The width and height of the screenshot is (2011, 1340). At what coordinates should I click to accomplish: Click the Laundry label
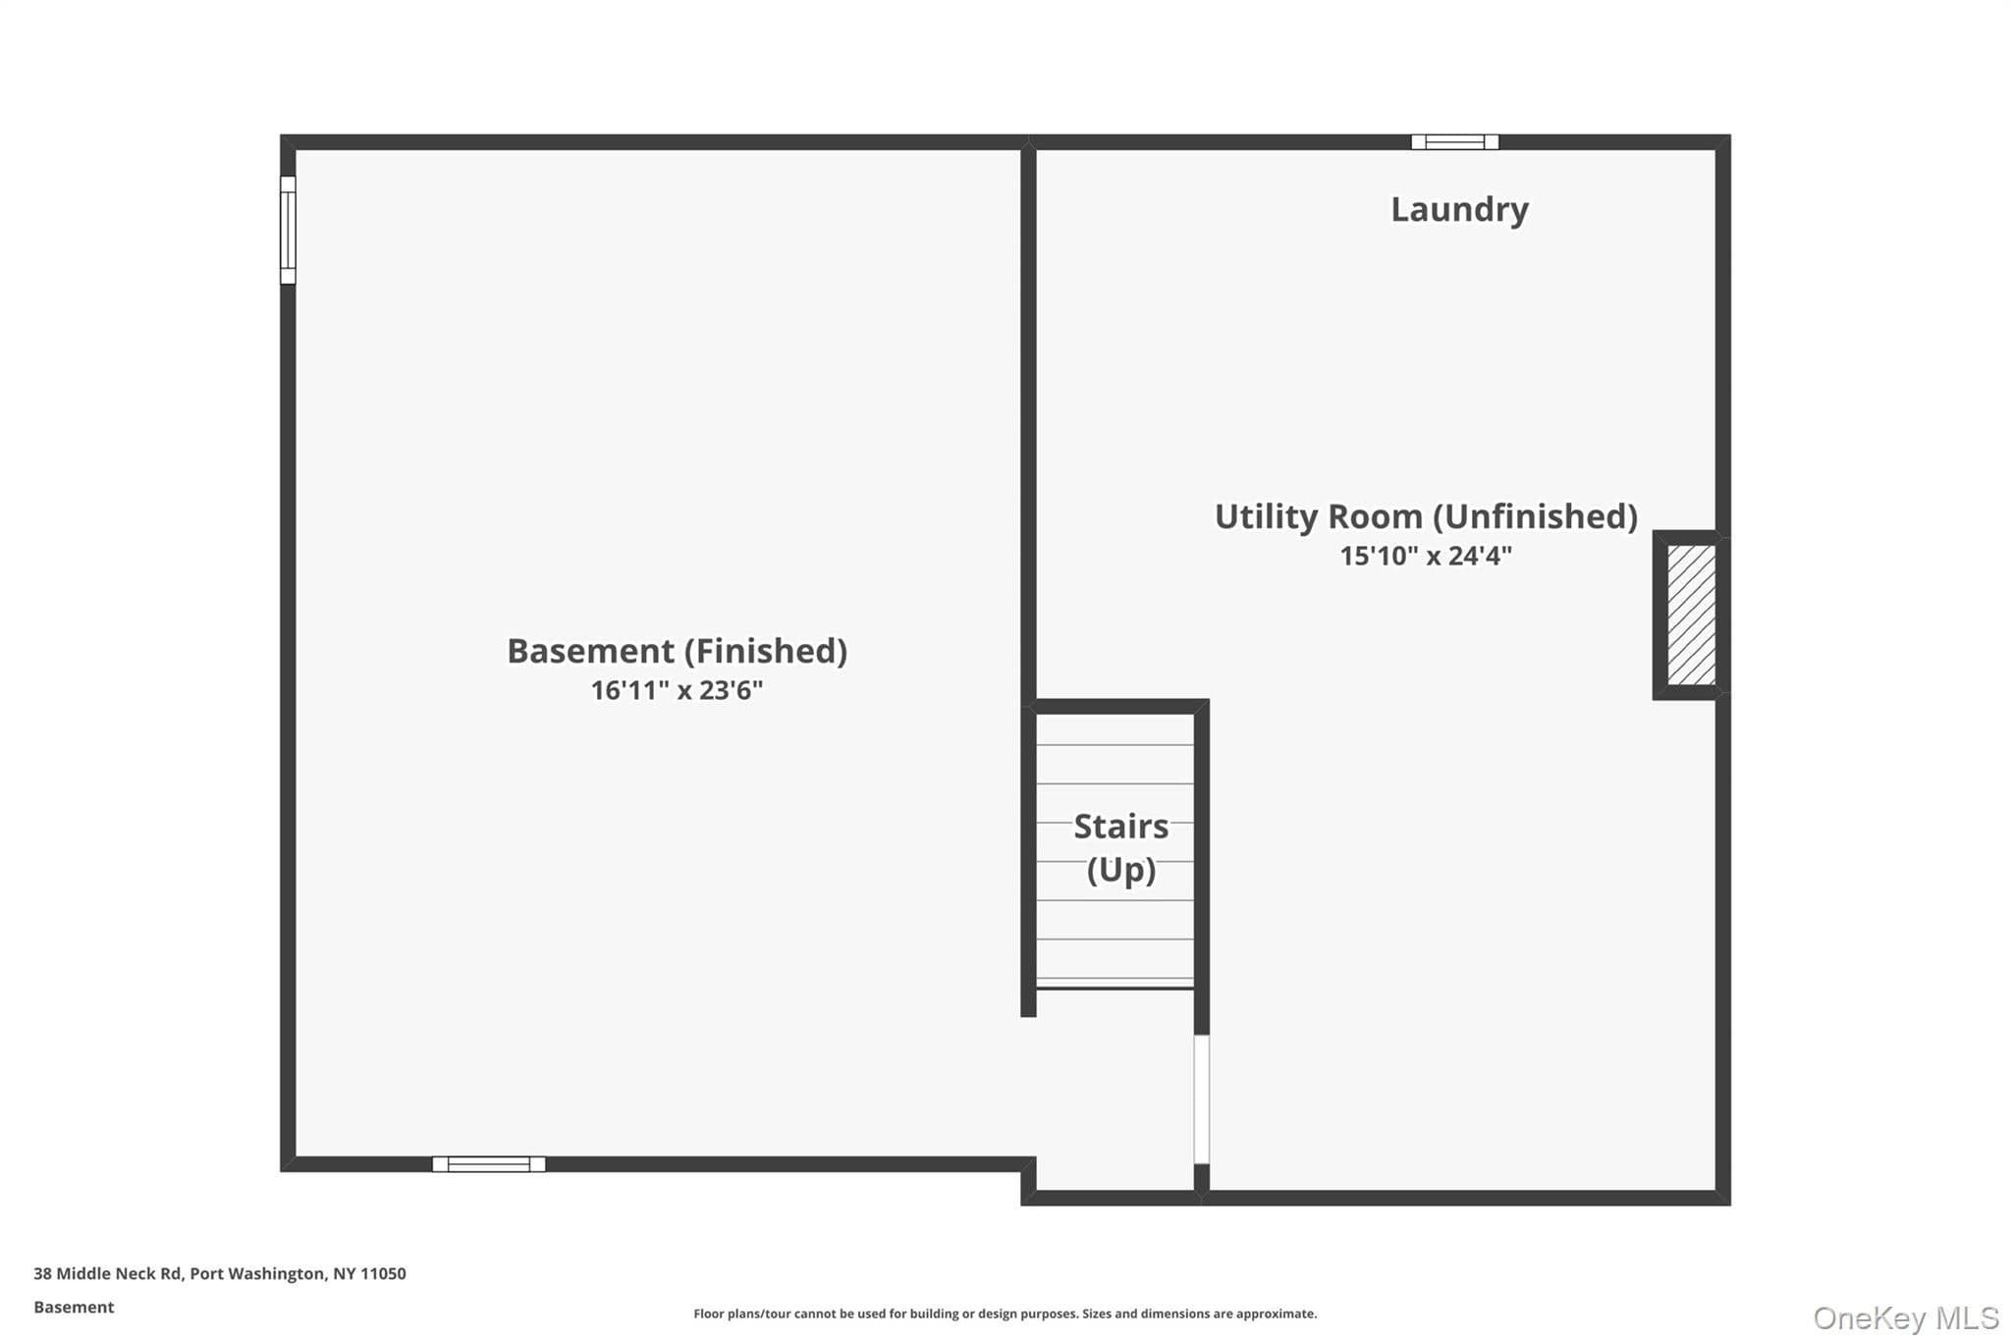point(1459,210)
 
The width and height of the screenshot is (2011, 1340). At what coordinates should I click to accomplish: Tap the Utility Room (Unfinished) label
point(1426,516)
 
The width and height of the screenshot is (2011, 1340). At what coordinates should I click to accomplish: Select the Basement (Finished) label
point(677,651)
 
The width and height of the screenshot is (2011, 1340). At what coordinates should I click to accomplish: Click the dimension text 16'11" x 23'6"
point(677,690)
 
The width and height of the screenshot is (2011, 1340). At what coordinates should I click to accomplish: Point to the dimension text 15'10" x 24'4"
point(1426,556)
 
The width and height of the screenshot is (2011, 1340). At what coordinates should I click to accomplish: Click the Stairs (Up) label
point(1121,847)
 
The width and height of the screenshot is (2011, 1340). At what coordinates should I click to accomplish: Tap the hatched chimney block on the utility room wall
point(1691,616)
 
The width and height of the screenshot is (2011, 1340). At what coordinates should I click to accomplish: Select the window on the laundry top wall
point(1455,142)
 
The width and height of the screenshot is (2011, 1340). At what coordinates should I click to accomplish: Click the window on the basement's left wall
point(288,230)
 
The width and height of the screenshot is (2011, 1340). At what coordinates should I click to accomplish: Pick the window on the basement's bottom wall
point(489,1164)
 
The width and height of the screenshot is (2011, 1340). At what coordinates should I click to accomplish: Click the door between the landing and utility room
point(1201,1099)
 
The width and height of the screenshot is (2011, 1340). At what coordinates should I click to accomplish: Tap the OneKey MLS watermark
point(1906,1317)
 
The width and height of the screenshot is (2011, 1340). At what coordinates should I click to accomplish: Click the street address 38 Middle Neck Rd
point(108,1273)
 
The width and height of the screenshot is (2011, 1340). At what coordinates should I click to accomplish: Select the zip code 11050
point(383,1273)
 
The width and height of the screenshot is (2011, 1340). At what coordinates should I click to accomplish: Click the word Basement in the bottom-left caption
point(74,1307)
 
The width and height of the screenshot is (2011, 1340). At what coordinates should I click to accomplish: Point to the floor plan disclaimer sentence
point(1005,1313)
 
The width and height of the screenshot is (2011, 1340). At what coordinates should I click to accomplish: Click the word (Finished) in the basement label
point(766,651)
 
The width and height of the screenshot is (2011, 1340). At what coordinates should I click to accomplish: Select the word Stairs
point(1121,827)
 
